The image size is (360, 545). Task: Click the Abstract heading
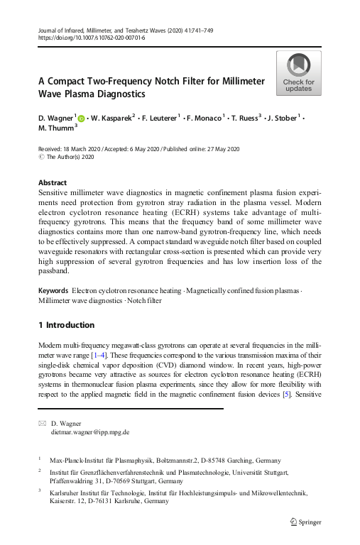click(x=52, y=182)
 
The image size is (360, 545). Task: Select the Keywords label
click(x=53, y=291)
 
